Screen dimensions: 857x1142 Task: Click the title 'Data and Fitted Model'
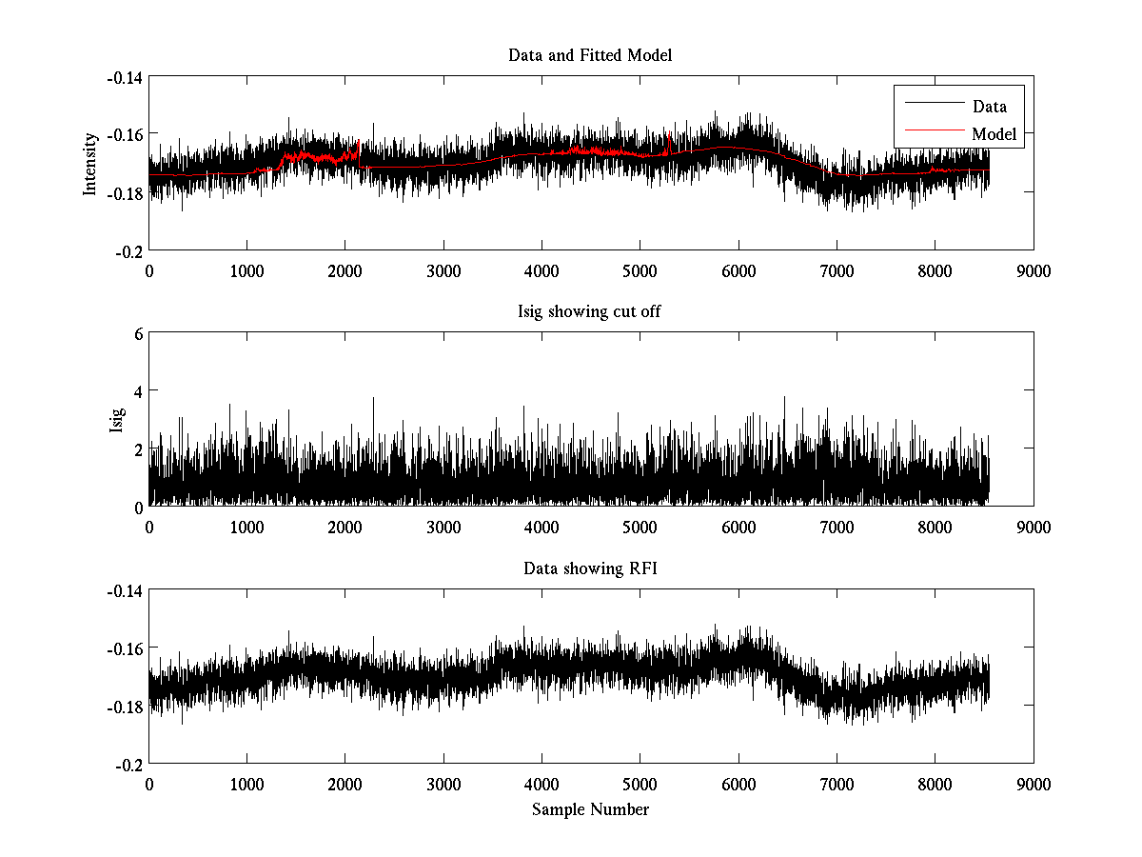click(590, 55)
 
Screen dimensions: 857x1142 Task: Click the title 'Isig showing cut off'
click(590, 311)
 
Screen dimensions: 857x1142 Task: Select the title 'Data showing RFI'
click(590, 568)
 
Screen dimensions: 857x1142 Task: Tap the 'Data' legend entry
click(989, 107)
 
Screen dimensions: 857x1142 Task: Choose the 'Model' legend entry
click(994, 134)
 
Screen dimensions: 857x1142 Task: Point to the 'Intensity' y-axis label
click(90, 163)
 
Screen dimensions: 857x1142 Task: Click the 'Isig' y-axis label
click(117, 419)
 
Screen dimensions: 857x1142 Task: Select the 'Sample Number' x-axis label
click(590, 809)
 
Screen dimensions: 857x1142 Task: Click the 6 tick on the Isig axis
click(138, 333)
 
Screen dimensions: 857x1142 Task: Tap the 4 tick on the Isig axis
click(138, 390)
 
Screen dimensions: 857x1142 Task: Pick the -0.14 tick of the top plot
click(125, 77)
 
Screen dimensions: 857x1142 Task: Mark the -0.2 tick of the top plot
click(130, 250)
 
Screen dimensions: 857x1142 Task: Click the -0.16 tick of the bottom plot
click(125, 648)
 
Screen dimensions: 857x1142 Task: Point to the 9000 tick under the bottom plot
click(1034, 784)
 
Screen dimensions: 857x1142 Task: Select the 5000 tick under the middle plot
click(640, 527)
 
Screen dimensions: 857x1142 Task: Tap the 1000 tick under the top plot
click(246, 270)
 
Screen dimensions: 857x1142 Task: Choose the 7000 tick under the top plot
click(837, 270)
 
